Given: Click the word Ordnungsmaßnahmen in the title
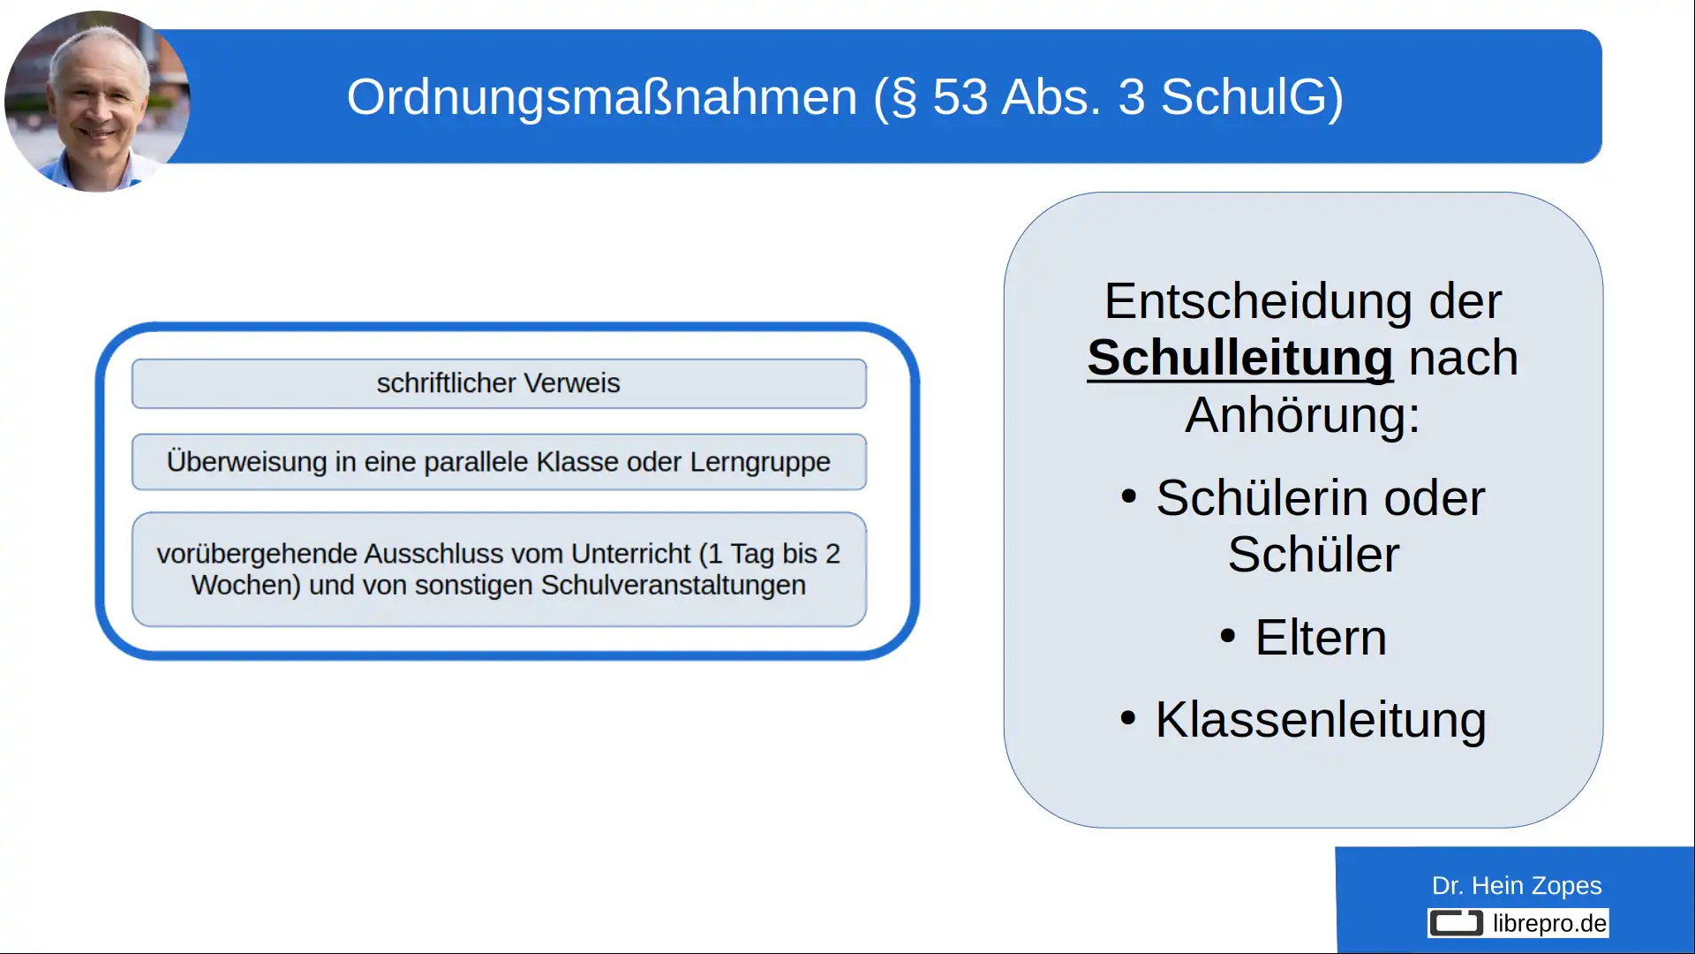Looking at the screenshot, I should pyautogui.click(x=601, y=96).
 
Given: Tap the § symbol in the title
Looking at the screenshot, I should pyautogui.click(x=904, y=98).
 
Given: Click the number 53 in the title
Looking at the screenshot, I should pyautogui.click(x=960, y=96).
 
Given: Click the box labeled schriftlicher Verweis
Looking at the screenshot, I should pyautogui.click(x=499, y=383).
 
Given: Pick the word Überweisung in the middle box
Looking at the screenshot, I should pyautogui.click(x=246, y=462).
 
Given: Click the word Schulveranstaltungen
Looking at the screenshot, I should pyautogui.click(x=673, y=586).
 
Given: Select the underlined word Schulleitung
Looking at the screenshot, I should pyautogui.click(x=1239, y=358).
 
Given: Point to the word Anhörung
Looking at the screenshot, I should pyautogui.click(x=1302, y=414).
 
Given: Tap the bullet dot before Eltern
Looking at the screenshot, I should pyautogui.click(x=1227, y=636).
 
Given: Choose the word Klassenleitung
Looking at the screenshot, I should pyautogui.click(x=1321, y=719).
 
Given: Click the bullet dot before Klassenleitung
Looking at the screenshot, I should pyautogui.click(x=1127, y=717).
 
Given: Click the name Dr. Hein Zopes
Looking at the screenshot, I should pyautogui.click(x=1516, y=885).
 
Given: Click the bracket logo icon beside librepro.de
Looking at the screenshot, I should pyautogui.click(x=1456, y=923).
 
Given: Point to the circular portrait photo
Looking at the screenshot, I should pyautogui.click(x=96, y=101).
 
